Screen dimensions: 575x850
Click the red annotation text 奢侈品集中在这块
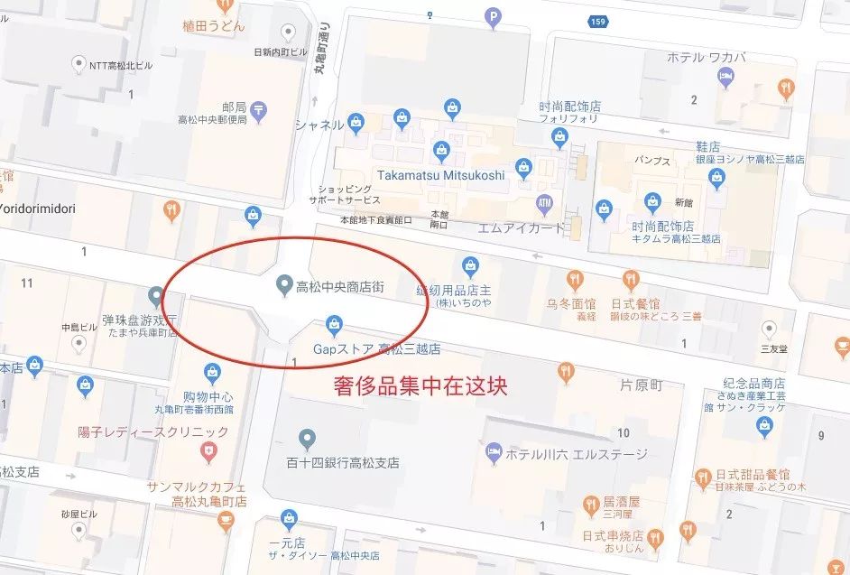(x=420, y=387)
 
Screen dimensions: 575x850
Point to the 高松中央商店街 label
(x=340, y=288)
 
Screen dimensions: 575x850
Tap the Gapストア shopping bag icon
(x=333, y=324)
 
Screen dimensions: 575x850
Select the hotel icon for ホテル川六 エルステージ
(x=494, y=452)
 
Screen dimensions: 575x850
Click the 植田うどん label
(x=213, y=26)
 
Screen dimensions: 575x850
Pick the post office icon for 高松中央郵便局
(x=260, y=110)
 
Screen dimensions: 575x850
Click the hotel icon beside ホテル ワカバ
(x=725, y=77)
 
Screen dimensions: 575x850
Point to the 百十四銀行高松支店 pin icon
(x=308, y=440)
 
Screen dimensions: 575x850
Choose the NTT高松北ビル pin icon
(x=79, y=65)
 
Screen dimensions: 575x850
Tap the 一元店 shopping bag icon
(x=288, y=518)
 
